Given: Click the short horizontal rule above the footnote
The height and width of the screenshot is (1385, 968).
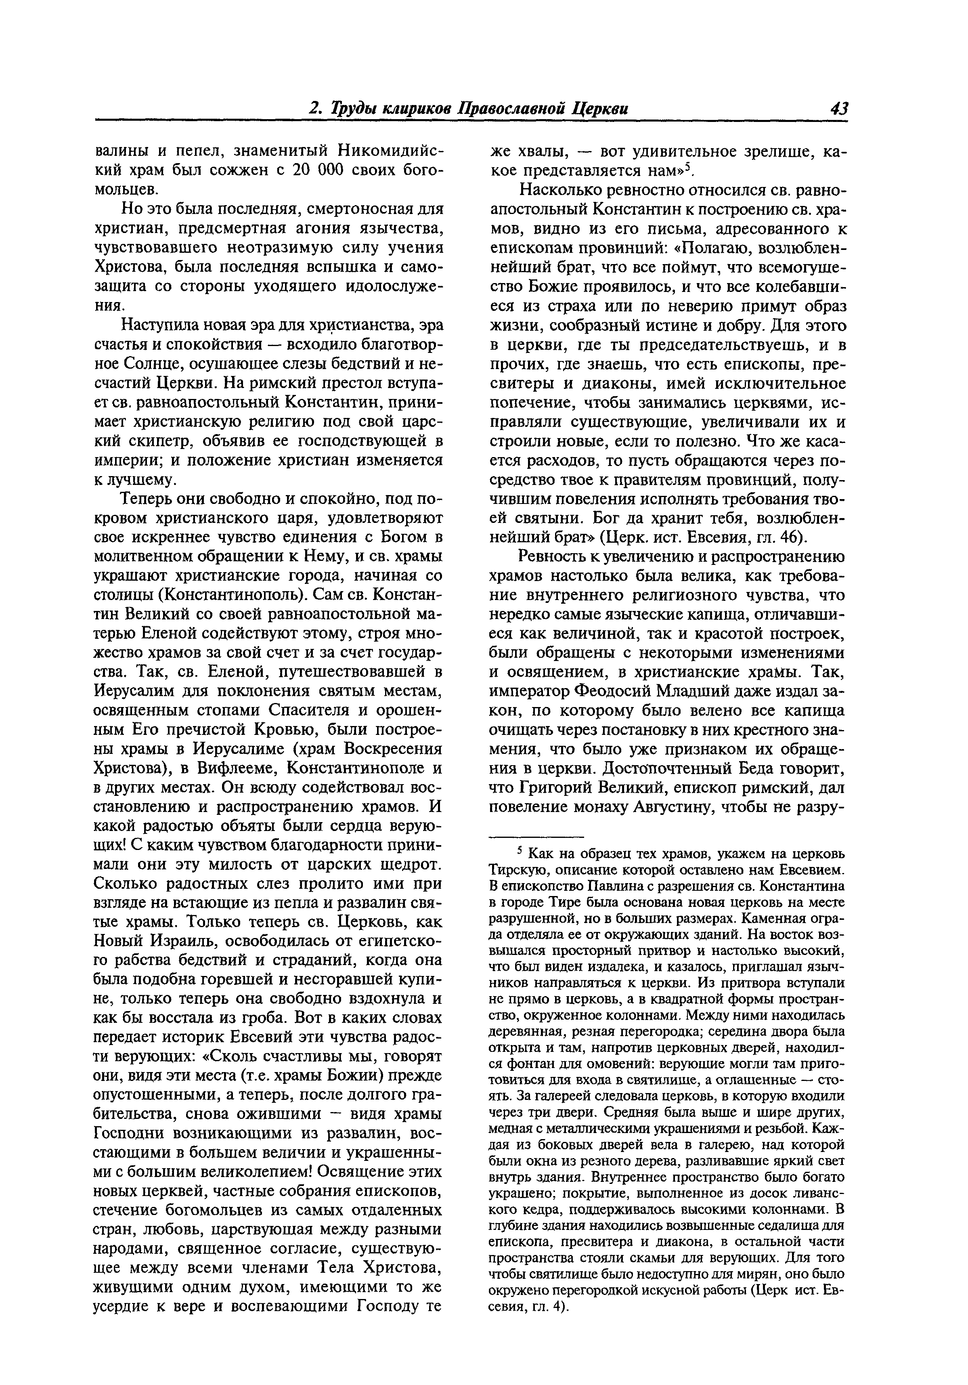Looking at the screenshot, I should point(536,836).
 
